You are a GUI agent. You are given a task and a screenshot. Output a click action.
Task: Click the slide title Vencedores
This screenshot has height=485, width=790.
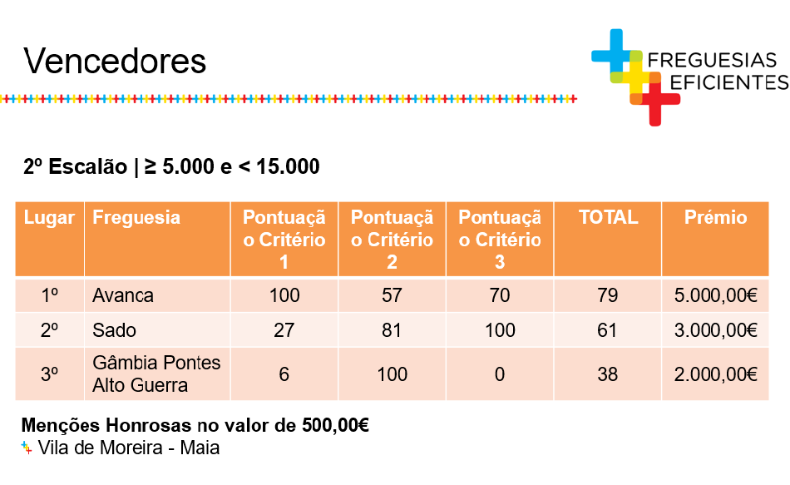coord(115,62)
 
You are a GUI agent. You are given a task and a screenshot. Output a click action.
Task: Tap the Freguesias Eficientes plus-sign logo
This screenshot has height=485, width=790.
coord(636,77)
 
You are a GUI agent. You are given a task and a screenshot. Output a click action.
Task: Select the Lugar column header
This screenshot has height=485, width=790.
coord(49,217)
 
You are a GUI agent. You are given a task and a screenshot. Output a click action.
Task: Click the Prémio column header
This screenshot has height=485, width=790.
coord(715,217)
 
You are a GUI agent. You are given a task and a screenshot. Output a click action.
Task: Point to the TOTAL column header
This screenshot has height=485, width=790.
coord(608,217)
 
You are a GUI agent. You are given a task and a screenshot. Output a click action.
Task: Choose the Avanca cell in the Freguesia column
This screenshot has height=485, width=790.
coord(123,295)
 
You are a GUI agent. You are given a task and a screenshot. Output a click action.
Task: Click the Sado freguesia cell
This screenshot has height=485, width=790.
coord(115,330)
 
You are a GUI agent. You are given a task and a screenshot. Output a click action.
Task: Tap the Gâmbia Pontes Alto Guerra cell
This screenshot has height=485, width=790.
coord(156,374)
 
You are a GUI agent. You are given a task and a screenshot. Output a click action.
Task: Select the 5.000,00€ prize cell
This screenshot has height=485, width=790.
coord(715,295)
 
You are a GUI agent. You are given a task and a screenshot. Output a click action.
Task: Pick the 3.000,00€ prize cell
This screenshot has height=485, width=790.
coord(715,330)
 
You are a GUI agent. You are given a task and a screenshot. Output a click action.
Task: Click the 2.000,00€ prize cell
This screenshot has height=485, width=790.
coord(715,374)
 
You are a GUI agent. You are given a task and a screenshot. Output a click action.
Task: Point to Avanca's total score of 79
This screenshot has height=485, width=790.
coord(608,295)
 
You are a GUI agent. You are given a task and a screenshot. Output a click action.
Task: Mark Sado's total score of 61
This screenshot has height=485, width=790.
coord(607,330)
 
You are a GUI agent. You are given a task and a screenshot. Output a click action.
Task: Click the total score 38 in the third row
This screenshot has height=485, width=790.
coord(608,374)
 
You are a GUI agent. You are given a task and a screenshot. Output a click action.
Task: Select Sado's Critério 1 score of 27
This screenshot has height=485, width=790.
coord(284,330)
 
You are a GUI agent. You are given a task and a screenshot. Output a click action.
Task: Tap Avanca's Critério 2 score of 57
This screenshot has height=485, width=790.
coord(392,295)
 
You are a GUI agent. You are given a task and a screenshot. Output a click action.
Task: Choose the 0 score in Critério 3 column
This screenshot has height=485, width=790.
coord(499,374)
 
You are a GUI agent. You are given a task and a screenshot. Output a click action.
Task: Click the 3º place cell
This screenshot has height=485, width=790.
coord(49,374)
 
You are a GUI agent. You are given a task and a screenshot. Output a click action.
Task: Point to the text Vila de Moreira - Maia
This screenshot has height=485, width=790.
coord(128,448)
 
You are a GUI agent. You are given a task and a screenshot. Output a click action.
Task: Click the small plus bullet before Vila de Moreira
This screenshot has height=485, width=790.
coord(27,448)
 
